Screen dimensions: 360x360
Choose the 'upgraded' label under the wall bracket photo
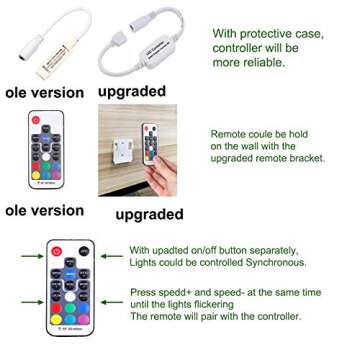149,215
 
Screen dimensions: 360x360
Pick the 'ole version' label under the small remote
39,212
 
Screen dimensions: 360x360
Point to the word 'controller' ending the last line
275,315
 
